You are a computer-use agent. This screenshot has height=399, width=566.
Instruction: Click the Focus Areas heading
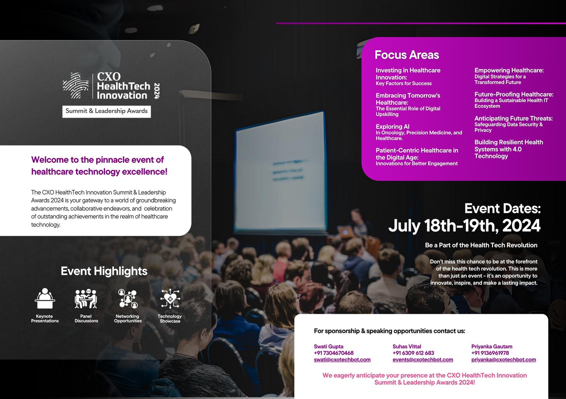407,55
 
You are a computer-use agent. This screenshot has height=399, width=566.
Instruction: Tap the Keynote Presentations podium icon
45,298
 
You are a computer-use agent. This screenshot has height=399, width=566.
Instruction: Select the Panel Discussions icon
86,299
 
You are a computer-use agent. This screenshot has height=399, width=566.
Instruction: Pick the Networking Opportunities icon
127,299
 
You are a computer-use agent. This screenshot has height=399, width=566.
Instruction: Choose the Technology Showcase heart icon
170,299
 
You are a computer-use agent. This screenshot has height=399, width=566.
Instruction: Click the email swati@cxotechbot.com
342,360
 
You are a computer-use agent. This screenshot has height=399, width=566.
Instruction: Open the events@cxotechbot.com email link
423,360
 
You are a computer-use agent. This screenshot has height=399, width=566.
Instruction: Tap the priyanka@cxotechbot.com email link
503,360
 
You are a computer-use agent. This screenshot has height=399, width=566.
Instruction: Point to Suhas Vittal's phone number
413,353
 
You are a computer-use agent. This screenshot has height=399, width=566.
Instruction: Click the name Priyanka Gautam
492,346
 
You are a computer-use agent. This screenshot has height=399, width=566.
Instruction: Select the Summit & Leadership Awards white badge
107,111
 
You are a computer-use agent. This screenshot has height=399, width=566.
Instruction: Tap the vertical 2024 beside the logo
157,91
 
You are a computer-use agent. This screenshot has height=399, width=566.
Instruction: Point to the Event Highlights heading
104,271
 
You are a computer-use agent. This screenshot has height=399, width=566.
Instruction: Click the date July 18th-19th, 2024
464,226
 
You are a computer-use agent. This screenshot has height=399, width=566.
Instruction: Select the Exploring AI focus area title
392,126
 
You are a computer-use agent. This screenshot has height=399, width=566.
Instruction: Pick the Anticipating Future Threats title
513,119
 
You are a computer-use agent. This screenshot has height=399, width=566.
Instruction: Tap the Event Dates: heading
502,208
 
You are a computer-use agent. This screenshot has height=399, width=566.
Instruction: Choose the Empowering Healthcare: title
509,70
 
